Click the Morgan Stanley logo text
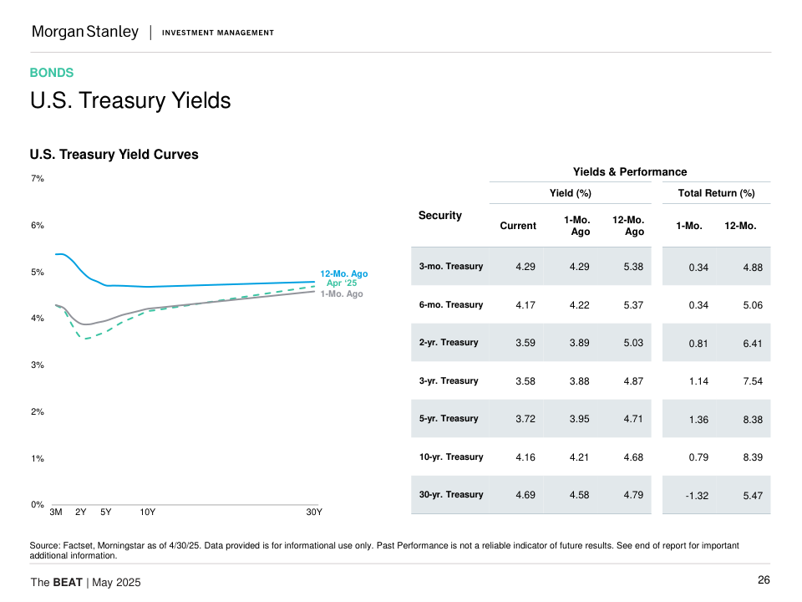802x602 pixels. coord(85,32)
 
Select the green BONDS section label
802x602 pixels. coord(52,73)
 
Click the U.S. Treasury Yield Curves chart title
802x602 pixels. coord(114,155)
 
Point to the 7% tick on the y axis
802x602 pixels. coord(38,179)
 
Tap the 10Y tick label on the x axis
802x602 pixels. coord(148,512)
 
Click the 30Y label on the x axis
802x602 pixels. coord(314,512)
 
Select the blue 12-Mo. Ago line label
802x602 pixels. coord(343,273)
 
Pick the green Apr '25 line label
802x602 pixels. coord(342,283)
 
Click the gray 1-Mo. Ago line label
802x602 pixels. coord(342,293)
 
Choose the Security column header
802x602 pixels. coord(440,216)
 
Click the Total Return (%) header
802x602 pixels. coord(717,193)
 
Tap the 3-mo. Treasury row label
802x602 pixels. coord(451,267)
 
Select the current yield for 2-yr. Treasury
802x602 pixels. coord(525,343)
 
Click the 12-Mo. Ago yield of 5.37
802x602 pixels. coord(634,305)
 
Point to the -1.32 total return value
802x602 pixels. coord(697,496)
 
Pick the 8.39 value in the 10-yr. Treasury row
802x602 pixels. coord(752,457)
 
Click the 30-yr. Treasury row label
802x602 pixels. coord(451,495)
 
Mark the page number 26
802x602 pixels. coord(764,581)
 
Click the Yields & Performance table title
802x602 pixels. coord(630,171)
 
